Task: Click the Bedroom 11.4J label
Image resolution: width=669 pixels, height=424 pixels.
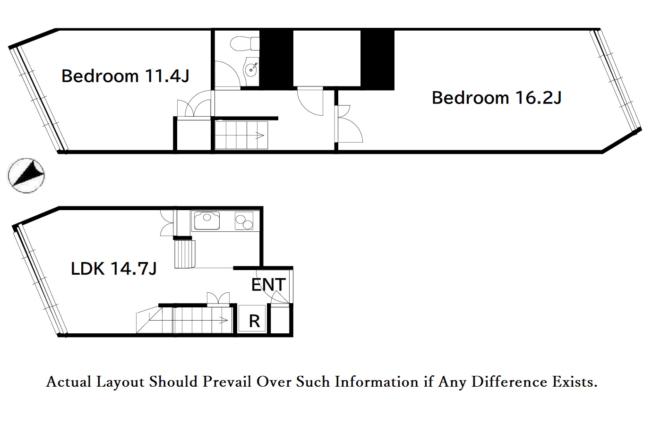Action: coord(126,76)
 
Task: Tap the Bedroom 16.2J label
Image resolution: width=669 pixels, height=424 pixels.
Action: coord(497,98)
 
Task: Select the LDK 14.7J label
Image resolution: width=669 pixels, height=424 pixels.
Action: coord(113,268)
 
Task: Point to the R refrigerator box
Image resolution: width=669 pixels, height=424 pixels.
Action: coord(252,318)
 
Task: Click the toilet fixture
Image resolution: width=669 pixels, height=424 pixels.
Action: coord(245,44)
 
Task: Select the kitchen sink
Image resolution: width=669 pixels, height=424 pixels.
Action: coord(206,220)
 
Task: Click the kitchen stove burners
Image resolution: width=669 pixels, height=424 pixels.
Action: coord(244,221)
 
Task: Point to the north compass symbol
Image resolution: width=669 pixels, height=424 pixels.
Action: coord(26,176)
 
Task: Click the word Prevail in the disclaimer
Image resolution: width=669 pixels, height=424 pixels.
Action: coord(227,382)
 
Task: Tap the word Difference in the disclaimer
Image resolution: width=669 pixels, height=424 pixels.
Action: coord(509,382)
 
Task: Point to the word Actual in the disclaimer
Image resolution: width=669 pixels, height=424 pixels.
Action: coord(69,382)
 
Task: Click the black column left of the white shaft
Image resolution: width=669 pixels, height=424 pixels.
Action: coord(276,59)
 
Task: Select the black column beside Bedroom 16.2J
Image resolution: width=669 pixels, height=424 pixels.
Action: coord(377,59)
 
